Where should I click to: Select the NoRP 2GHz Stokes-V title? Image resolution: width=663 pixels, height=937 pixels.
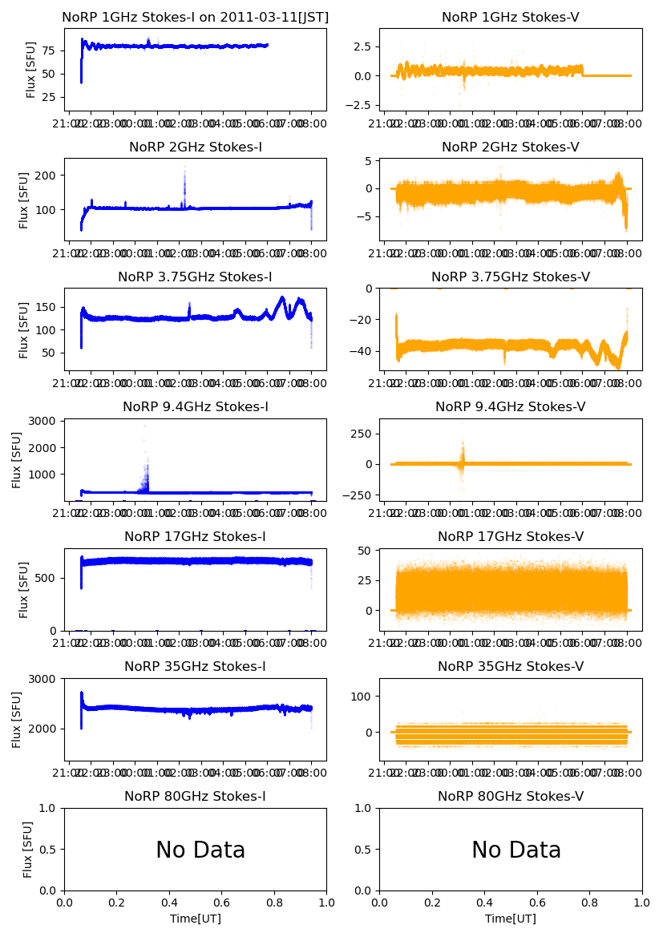pyautogui.click(x=511, y=147)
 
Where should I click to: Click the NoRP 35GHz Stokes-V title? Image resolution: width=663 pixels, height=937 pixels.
pyautogui.click(x=511, y=667)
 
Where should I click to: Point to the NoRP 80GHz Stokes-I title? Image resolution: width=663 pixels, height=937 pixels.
pyautogui.click(x=195, y=797)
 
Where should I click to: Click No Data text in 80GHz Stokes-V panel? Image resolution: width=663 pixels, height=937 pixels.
pyautogui.click(x=516, y=850)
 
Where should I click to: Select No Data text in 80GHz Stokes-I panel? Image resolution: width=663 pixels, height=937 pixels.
pyautogui.click(x=200, y=850)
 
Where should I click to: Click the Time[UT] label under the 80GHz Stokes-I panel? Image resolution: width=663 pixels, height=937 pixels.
pyautogui.click(x=195, y=919)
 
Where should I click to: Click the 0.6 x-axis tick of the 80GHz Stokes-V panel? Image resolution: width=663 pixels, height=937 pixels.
pyautogui.click(x=538, y=903)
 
